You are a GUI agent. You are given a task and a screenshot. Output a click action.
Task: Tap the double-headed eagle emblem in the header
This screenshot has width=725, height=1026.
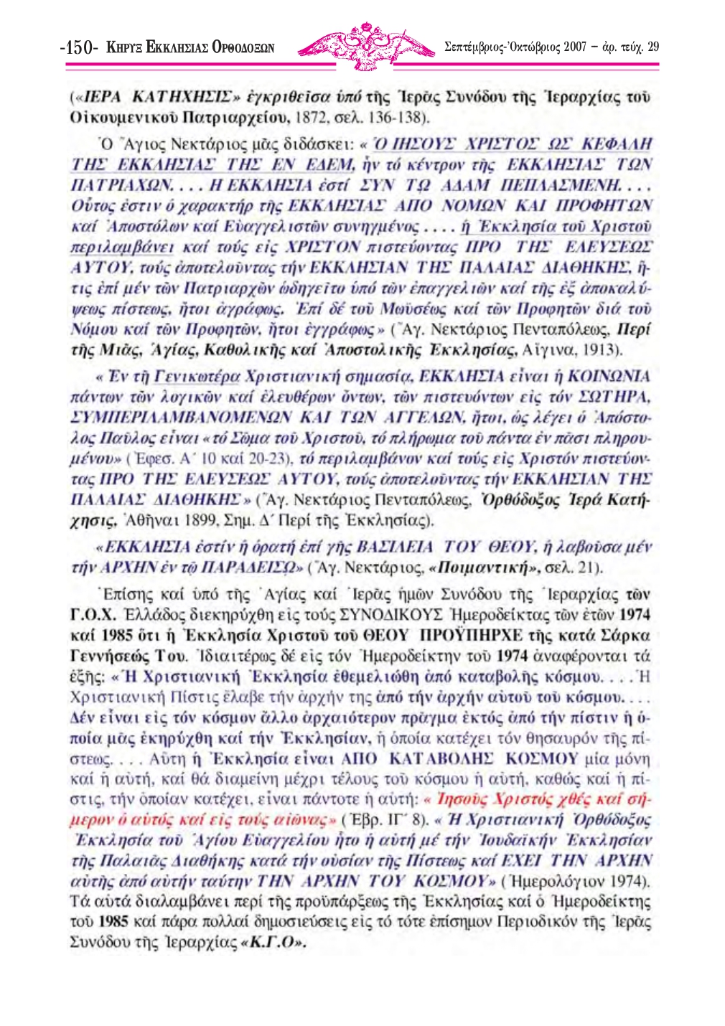coord(367,46)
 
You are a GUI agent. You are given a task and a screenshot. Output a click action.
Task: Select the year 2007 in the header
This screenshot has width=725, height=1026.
coord(576,47)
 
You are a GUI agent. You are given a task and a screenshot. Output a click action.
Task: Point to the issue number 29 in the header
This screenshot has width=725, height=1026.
coord(652,47)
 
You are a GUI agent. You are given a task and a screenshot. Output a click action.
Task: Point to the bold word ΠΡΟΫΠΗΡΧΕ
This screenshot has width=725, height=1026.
coord(464,636)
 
